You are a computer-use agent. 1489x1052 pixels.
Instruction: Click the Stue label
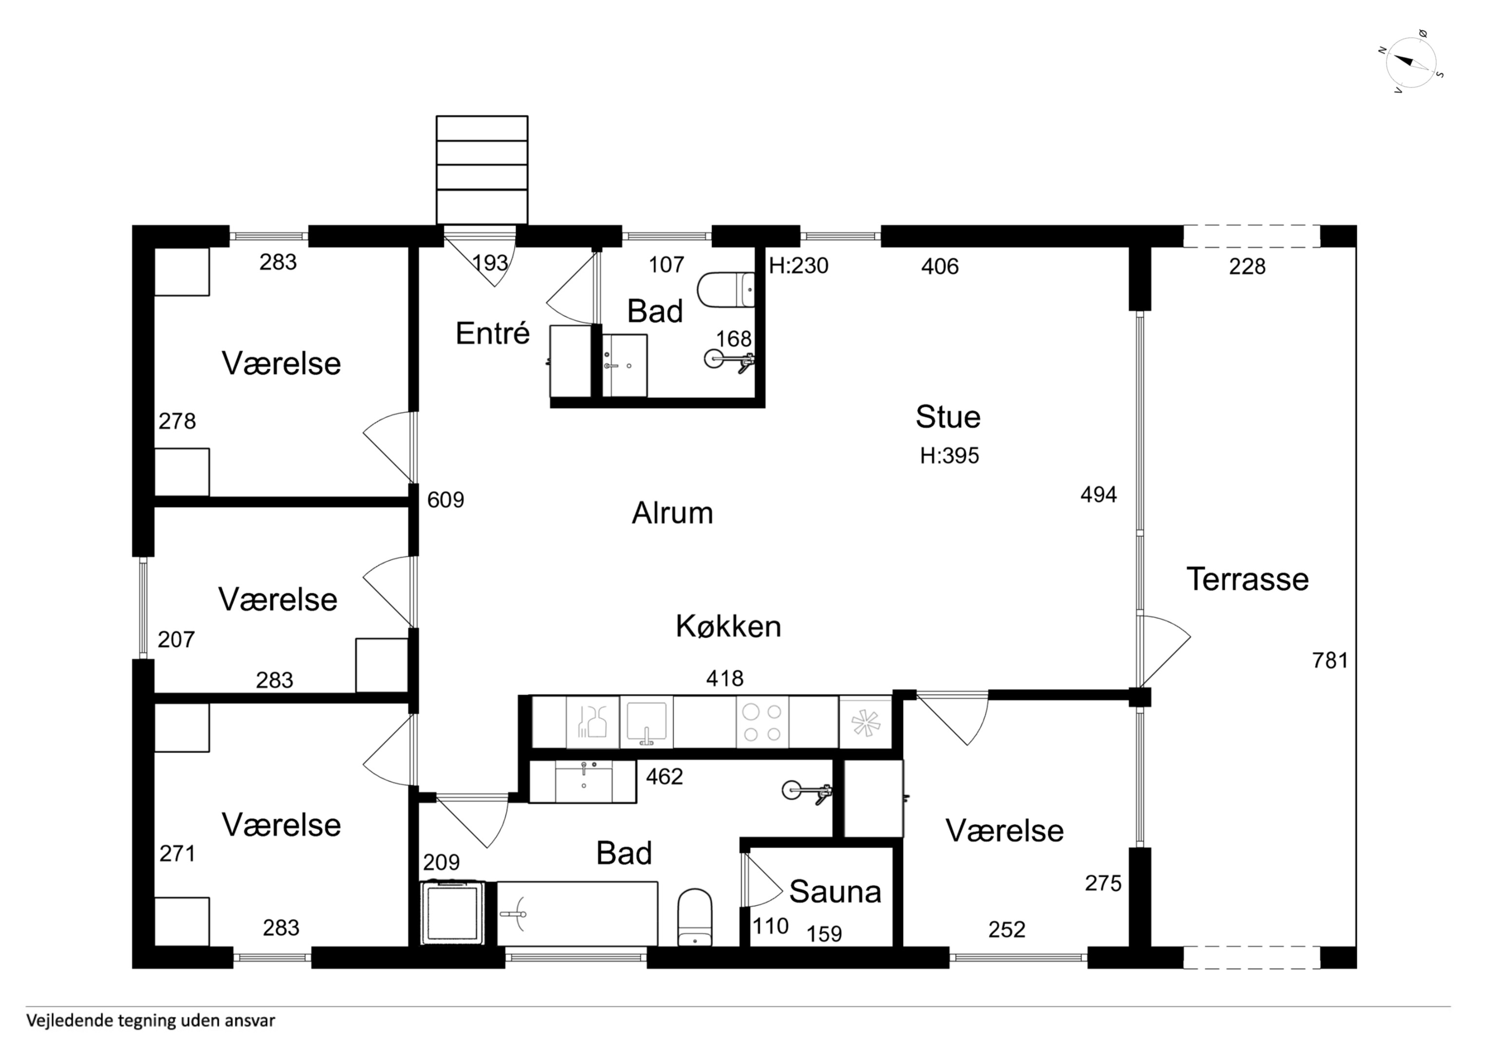point(948,417)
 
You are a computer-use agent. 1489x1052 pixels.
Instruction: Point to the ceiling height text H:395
point(949,456)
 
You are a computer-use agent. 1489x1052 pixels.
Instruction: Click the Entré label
point(492,333)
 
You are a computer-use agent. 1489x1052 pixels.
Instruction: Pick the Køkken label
point(728,627)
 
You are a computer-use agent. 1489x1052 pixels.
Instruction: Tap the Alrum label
point(673,513)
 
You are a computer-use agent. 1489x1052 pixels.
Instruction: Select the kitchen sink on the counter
point(646,723)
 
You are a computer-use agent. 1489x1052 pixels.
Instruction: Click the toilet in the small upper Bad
point(726,290)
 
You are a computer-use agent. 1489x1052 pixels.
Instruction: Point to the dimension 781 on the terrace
point(1330,660)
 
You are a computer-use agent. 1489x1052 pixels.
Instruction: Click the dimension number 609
point(445,500)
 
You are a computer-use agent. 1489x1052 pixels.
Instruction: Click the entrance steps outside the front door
point(482,170)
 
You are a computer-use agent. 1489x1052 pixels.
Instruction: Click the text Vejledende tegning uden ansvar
point(151,1021)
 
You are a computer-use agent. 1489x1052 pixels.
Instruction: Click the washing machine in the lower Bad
point(453,913)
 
